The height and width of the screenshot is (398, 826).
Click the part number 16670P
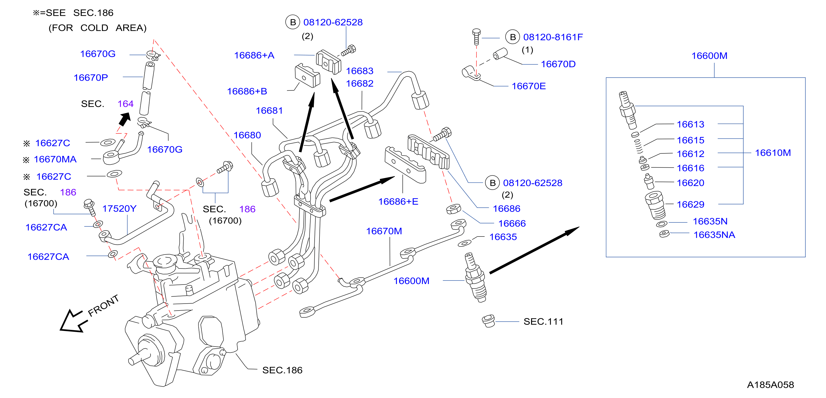91,78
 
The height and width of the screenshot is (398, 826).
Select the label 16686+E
398,202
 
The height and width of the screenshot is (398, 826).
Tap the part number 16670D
558,64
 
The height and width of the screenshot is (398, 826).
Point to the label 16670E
529,86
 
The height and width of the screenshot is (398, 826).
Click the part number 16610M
773,153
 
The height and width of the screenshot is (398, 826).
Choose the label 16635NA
714,235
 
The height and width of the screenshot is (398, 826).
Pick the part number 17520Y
119,209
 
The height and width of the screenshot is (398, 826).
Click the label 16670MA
55,159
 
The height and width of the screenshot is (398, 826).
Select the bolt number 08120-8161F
553,37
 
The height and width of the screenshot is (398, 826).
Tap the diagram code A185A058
770,385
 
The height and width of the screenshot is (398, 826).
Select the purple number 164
125,104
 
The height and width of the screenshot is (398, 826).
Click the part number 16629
690,204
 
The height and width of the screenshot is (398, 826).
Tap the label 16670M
384,231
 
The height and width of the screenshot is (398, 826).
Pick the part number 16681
269,110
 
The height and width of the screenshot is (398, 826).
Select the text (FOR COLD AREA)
97,28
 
